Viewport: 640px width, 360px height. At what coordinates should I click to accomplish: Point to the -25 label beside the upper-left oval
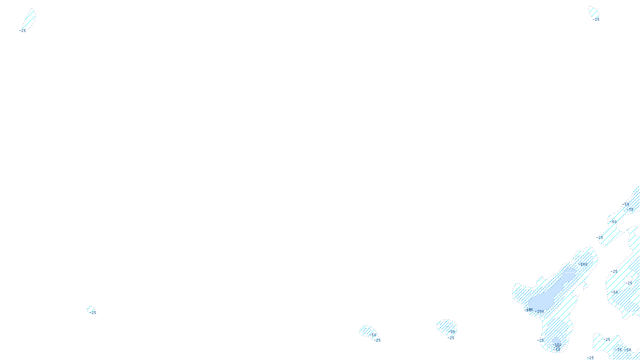tap(22, 30)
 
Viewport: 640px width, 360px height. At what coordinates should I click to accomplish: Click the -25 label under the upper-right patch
tap(596, 19)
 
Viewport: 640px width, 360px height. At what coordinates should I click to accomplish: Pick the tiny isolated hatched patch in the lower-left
tap(90, 309)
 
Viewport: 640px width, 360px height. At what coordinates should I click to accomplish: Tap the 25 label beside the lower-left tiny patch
tap(94, 313)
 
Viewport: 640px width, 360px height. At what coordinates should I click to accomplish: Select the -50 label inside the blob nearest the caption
tap(373, 335)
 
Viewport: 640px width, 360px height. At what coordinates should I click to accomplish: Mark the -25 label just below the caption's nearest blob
tap(377, 340)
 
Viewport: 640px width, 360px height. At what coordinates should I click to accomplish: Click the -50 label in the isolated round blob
tap(452, 332)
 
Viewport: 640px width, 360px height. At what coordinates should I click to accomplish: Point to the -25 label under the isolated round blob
tap(451, 338)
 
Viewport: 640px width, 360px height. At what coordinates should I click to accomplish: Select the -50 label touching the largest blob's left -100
tap(529, 310)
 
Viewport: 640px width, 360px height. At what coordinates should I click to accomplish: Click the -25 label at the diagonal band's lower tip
tap(600, 238)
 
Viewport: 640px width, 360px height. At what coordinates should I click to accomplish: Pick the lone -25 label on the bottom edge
tap(590, 358)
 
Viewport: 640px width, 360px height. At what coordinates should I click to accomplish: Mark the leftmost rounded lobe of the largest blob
tap(518, 291)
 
